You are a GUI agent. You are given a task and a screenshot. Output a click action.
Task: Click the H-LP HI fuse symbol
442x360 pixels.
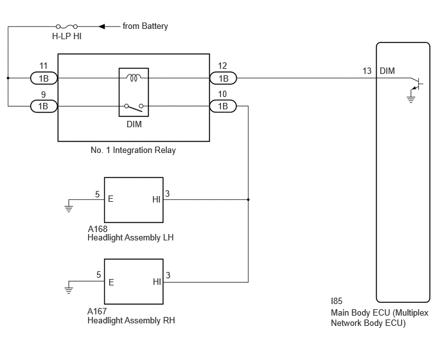[x=67, y=26]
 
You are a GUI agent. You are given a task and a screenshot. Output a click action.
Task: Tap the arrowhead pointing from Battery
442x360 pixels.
[x=102, y=26]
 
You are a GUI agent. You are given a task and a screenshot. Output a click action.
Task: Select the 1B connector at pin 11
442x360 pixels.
[x=44, y=78]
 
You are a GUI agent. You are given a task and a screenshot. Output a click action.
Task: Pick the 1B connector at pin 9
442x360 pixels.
[x=44, y=106]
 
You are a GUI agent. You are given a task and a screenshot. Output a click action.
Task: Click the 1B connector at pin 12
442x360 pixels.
[x=224, y=78]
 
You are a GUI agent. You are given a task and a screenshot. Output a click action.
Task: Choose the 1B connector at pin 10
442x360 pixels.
[x=224, y=106]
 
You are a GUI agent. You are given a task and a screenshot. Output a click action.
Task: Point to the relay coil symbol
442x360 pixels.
[x=134, y=77]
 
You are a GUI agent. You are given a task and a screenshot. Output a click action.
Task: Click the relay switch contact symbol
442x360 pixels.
[x=134, y=107]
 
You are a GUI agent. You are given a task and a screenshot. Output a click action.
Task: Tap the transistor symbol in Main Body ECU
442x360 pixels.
[x=417, y=84]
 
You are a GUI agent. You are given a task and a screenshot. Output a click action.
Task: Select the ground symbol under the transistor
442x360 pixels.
[x=411, y=99]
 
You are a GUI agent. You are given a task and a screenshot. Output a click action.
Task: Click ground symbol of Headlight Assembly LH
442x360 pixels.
[x=69, y=208]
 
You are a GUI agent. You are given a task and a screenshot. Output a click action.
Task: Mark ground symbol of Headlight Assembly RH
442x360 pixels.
[x=69, y=290]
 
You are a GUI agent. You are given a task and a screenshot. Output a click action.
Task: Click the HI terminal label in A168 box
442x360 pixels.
[x=156, y=199]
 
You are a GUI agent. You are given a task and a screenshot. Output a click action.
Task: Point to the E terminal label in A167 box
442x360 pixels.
[x=111, y=282]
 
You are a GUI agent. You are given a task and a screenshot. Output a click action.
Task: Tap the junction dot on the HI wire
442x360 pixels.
[x=248, y=199]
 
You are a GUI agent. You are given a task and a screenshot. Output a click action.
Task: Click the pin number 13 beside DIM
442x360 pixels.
[x=367, y=71]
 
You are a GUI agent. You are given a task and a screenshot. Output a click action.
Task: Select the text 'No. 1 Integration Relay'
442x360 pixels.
[x=133, y=150]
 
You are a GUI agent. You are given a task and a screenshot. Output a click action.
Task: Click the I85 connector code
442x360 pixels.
[x=337, y=301]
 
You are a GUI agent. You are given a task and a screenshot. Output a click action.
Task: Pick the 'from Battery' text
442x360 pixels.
[x=145, y=26]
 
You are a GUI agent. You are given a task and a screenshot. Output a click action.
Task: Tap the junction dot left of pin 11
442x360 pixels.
[x=8, y=78]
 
